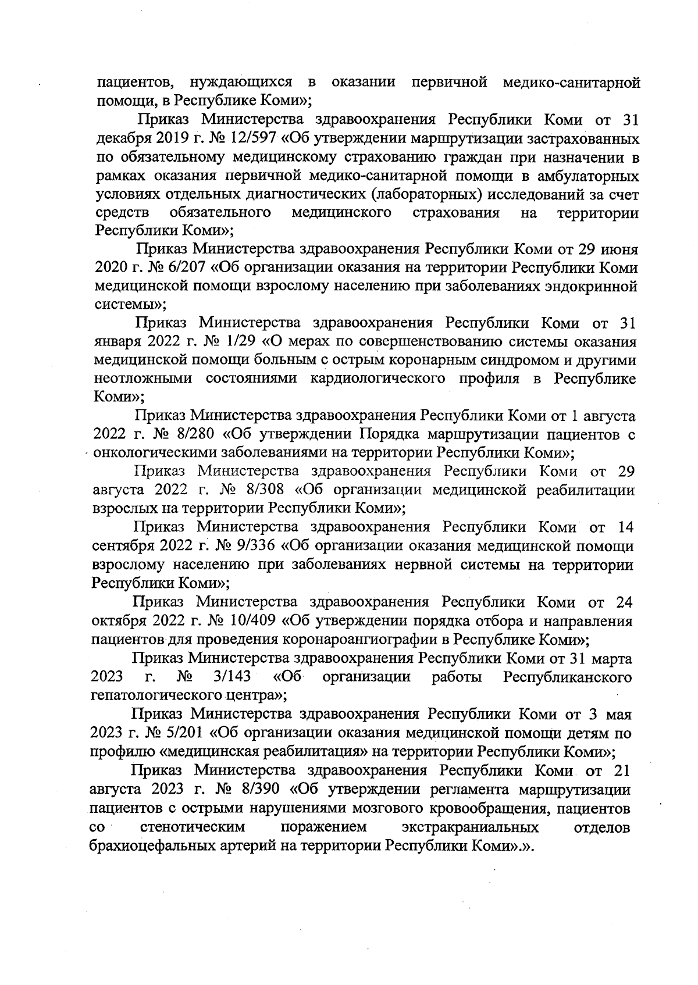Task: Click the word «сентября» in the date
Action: tap(123, 546)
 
